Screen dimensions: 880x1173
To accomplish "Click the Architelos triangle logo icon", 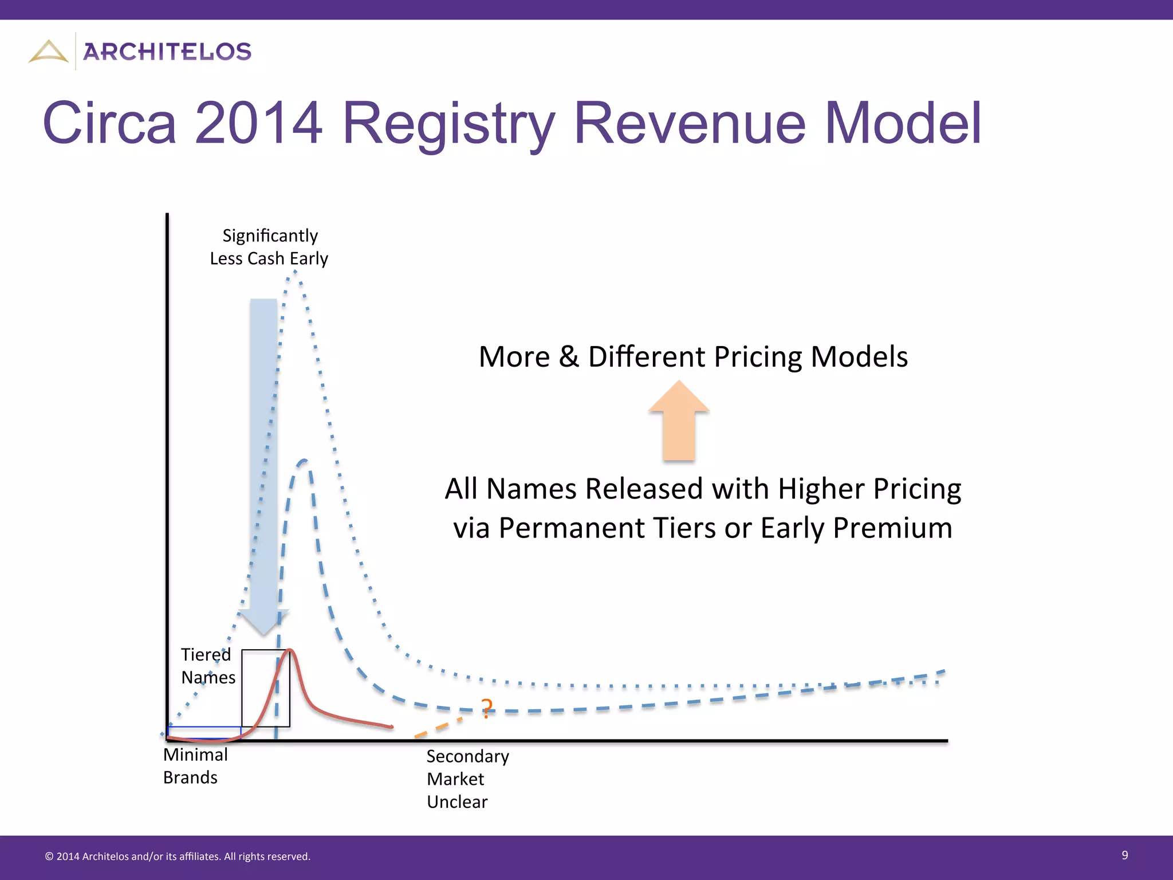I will pyautogui.click(x=49, y=52).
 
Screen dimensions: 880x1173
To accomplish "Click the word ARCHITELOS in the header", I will pyautogui.click(x=167, y=52).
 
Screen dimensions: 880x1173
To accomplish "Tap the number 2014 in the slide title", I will pyautogui.click(x=258, y=123).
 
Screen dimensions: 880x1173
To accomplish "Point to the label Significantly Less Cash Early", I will pyautogui.click(x=269, y=247).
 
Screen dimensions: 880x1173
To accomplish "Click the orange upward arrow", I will pyautogui.click(x=679, y=421).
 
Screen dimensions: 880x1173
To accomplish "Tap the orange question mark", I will pyautogui.click(x=486, y=709).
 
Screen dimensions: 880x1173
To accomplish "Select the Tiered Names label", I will pyautogui.click(x=207, y=666).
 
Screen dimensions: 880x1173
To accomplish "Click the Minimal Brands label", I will pyautogui.click(x=195, y=766).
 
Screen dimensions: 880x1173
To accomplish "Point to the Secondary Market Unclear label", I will pyautogui.click(x=467, y=779).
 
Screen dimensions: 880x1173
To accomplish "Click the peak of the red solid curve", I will pyautogui.click(x=290, y=650).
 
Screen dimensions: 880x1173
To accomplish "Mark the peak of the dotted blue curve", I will pyautogui.click(x=294, y=271).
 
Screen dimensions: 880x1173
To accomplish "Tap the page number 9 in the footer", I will pyautogui.click(x=1124, y=855).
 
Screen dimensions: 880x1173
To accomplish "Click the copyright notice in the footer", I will pyautogui.click(x=178, y=857).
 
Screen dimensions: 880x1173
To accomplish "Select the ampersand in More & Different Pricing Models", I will pyautogui.click(x=569, y=357).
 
